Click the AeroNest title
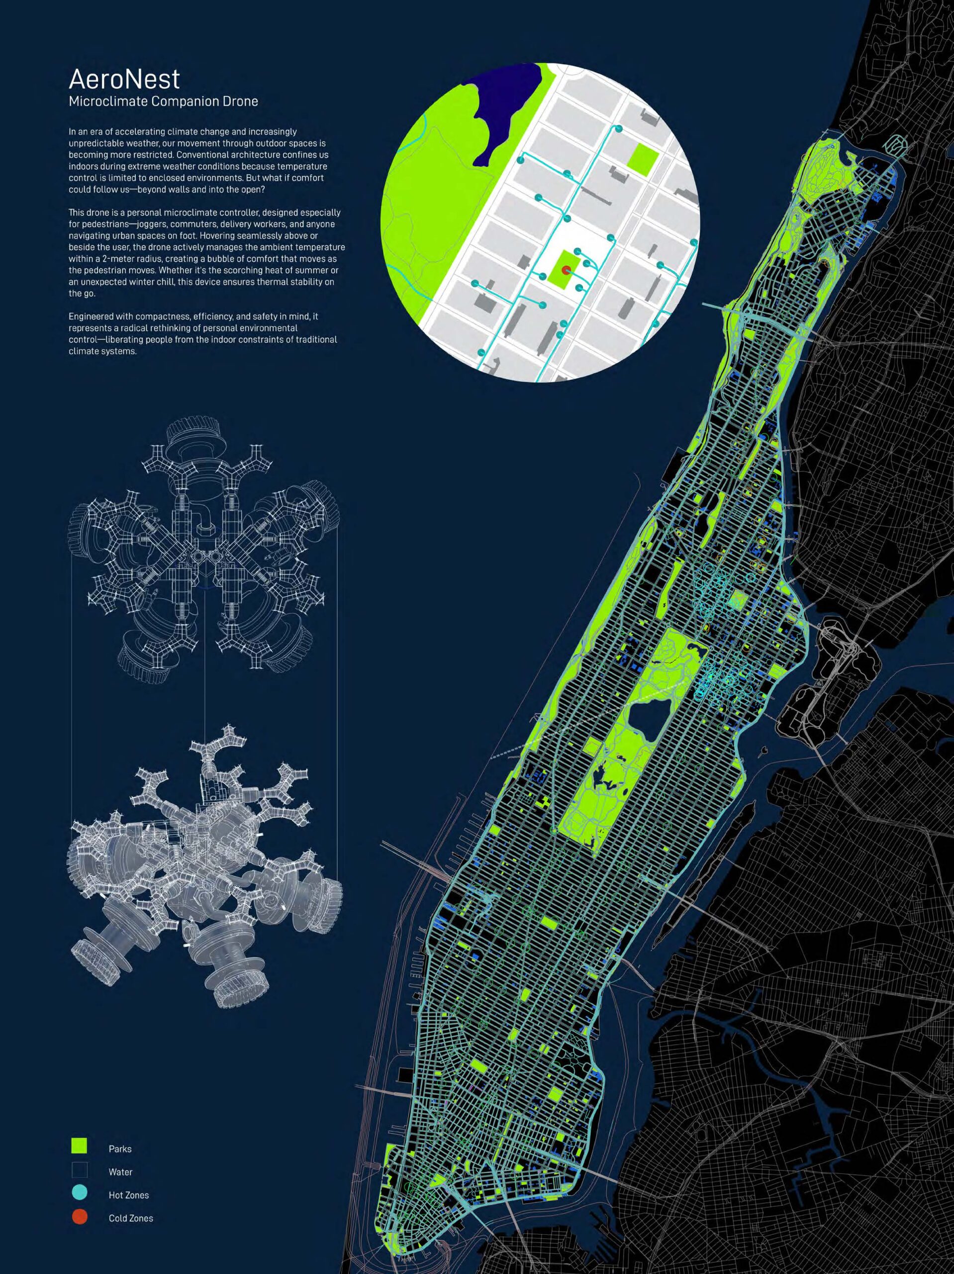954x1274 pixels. click(124, 79)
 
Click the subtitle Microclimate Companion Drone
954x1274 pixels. click(163, 102)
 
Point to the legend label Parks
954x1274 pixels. click(120, 1149)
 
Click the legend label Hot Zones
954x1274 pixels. click(128, 1195)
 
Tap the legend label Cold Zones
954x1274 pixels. click(131, 1218)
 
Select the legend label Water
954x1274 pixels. click(120, 1172)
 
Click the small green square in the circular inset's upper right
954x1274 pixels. click(643, 160)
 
